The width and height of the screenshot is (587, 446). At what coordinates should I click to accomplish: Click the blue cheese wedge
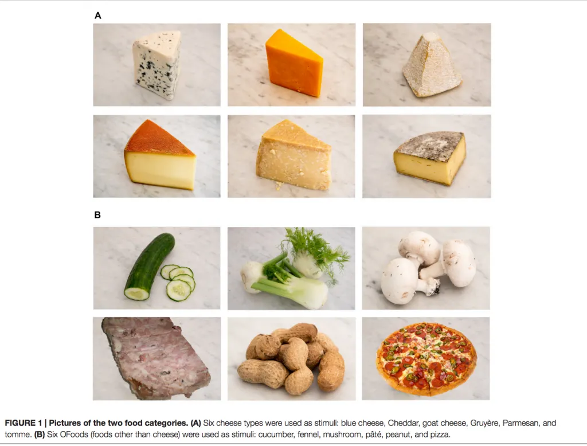coord(156,64)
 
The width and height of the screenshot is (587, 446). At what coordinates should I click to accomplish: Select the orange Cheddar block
coord(294,63)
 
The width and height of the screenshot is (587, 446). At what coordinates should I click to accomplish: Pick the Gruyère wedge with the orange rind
coord(160,155)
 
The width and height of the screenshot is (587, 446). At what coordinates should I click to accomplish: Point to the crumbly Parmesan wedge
coord(294,155)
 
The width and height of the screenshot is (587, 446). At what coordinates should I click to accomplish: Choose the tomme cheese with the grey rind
coord(430,158)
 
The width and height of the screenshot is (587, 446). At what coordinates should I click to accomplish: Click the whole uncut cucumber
coord(150,266)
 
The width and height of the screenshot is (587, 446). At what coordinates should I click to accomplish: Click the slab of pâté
coord(155,358)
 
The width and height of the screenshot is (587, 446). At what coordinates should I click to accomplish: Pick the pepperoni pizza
coord(426,359)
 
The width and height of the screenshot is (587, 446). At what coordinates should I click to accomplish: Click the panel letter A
coord(97,15)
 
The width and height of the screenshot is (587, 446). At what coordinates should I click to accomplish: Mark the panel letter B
coord(97,215)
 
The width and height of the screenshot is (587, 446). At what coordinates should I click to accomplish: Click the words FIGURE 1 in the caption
coord(23,423)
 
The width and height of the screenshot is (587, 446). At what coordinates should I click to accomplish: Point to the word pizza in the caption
coord(440,435)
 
